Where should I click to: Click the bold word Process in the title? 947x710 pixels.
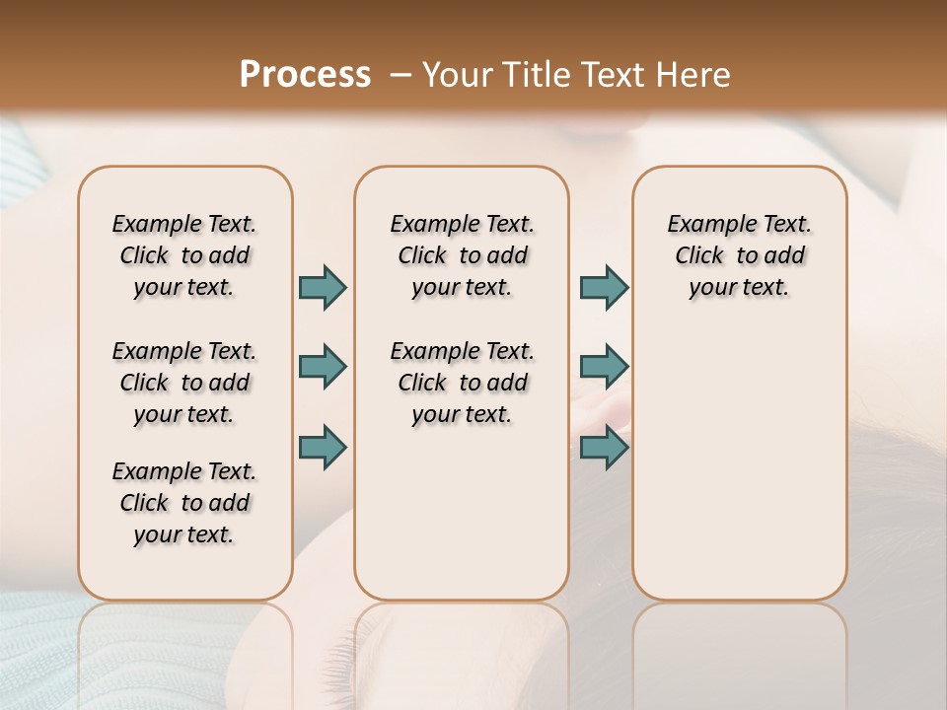tap(305, 74)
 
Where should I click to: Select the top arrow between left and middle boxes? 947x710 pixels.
tap(323, 287)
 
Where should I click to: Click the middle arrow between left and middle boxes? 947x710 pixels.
tap(323, 367)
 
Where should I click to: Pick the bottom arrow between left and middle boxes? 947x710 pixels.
tap(323, 447)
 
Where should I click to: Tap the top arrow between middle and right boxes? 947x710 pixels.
tap(604, 287)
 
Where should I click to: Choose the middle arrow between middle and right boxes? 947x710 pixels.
tap(604, 367)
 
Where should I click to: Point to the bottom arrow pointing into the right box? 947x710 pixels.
tap(604, 447)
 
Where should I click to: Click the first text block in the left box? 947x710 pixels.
tap(184, 255)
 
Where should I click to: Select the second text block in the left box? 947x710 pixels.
tap(184, 383)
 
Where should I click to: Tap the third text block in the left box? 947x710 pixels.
tap(184, 503)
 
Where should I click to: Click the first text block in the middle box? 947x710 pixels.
tap(462, 255)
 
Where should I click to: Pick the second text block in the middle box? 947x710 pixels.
tap(462, 383)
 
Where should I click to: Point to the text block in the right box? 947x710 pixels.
tap(739, 255)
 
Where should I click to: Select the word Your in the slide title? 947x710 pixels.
tap(455, 74)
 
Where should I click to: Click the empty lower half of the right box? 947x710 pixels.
tap(739, 473)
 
